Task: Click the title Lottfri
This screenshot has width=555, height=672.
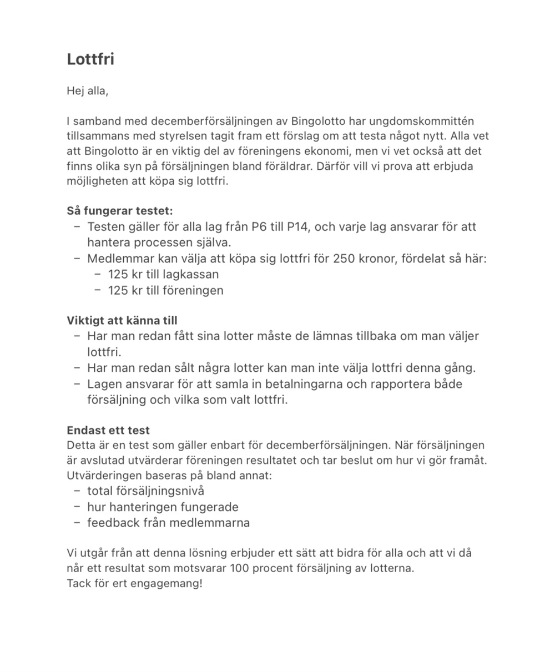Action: tap(90, 59)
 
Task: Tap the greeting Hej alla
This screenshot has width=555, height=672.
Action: tap(87, 91)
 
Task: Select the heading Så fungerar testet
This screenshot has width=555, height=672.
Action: tap(120, 211)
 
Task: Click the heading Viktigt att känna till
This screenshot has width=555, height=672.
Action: tap(122, 321)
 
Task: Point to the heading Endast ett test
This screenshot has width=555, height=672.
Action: tap(108, 430)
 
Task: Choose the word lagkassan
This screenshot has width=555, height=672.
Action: tap(191, 274)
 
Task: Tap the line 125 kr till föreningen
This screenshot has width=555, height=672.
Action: tap(165, 290)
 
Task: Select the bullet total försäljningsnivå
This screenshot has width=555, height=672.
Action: tap(145, 491)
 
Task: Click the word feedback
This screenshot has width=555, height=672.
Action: tap(113, 522)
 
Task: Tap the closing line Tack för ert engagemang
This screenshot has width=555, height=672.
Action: tap(135, 584)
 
